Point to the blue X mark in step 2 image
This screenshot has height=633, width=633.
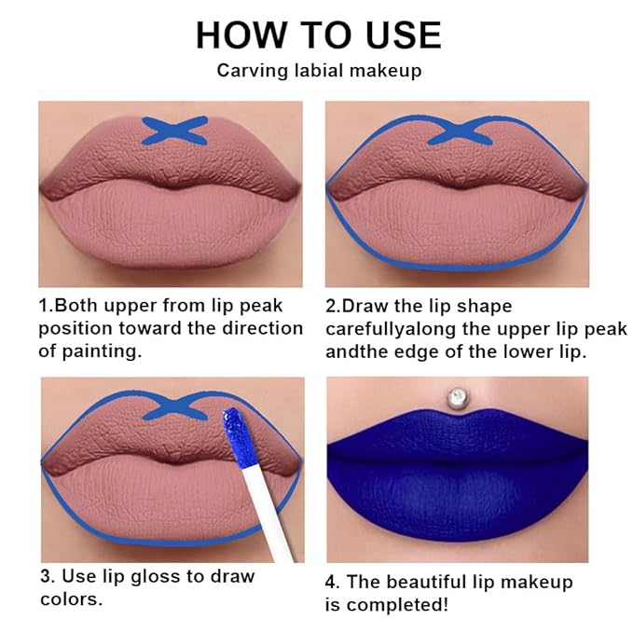(457, 131)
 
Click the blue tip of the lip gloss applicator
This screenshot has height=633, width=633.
(230, 434)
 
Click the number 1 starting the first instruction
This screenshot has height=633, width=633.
(43, 306)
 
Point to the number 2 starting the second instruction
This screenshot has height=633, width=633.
(331, 306)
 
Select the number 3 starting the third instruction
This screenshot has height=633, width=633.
(43, 576)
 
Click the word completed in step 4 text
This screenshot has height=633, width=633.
(399, 605)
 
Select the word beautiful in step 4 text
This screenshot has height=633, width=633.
(438, 582)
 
